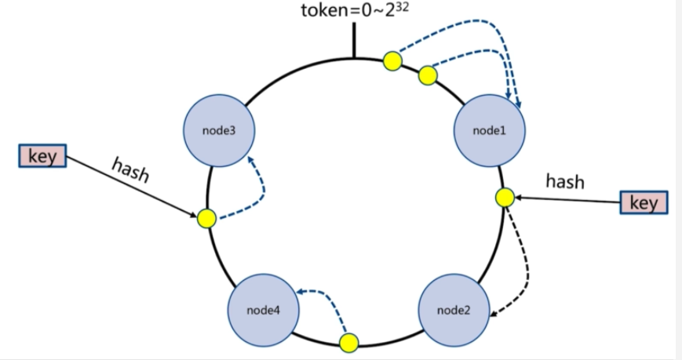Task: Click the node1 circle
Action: tap(491, 129)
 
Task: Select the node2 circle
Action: tap(454, 310)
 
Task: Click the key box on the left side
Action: tap(42, 156)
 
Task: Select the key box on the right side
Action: tap(644, 202)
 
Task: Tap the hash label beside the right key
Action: tap(565, 182)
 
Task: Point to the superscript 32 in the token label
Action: tap(403, 8)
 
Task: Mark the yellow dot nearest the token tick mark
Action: tap(392, 60)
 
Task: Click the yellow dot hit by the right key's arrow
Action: tap(505, 198)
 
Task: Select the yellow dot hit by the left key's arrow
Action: tap(206, 218)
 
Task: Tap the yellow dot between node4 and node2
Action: tap(348, 342)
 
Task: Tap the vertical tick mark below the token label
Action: tap(353, 42)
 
